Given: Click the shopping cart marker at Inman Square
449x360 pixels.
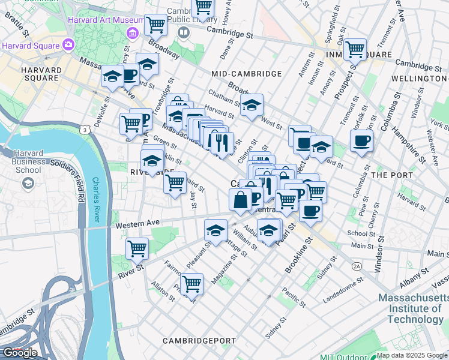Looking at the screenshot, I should [x=355, y=50].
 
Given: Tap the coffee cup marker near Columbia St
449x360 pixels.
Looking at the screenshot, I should [x=361, y=142].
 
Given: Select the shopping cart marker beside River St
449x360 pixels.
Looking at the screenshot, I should [x=137, y=248].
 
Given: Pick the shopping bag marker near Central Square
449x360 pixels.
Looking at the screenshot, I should [x=240, y=200].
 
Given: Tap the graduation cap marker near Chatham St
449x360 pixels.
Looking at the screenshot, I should [x=252, y=106].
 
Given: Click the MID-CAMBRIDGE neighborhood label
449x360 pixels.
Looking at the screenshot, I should [x=246, y=74].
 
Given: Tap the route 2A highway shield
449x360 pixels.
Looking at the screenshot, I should [x=357, y=265].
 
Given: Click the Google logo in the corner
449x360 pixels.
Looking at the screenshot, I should [x=20, y=353].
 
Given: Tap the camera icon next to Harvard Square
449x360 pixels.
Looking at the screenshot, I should [x=68, y=44].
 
